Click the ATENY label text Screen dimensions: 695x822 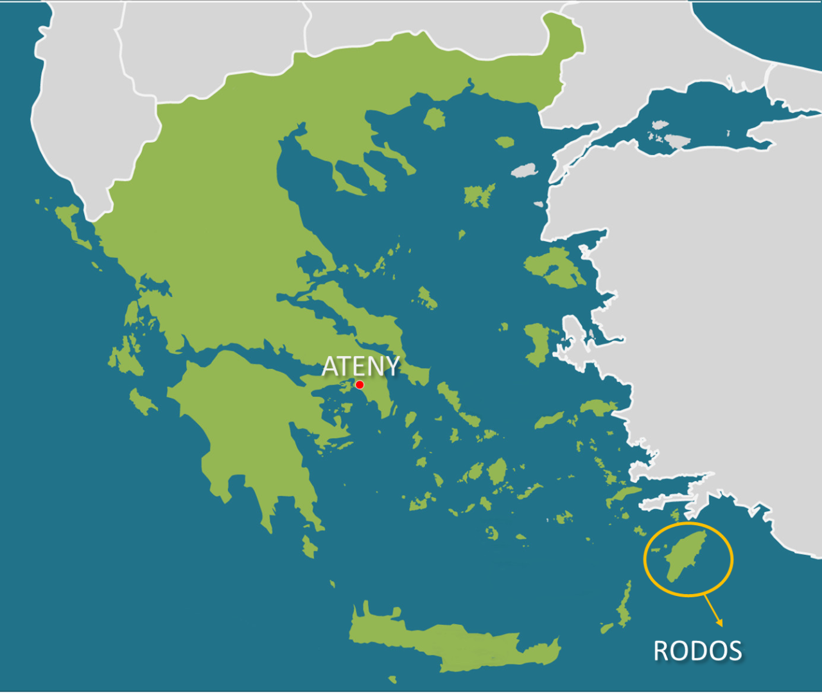[360, 366]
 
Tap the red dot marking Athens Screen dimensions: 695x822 [360, 385]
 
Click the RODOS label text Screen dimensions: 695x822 [697, 651]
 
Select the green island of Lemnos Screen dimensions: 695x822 [479, 195]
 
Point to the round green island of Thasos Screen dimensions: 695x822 [435, 119]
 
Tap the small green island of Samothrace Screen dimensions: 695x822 [505, 142]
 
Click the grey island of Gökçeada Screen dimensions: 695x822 [525, 171]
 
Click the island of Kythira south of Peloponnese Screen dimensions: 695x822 [310, 548]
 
